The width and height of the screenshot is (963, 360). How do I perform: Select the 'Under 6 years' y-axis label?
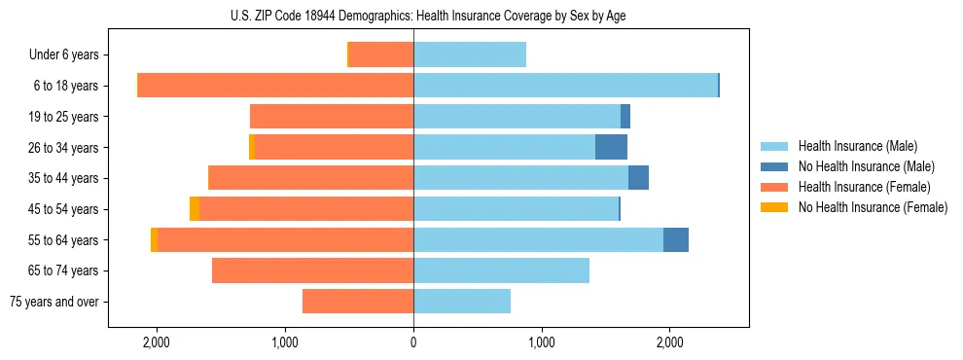point(64,55)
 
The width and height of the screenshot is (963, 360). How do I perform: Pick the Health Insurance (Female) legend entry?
point(864,187)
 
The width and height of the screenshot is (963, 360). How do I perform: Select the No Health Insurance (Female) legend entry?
point(872,207)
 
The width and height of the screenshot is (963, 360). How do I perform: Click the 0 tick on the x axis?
point(413,342)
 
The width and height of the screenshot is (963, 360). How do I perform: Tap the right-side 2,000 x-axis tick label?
point(669,342)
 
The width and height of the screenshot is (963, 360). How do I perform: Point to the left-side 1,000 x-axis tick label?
point(285,342)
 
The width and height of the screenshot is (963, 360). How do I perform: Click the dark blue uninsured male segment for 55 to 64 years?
point(676,240)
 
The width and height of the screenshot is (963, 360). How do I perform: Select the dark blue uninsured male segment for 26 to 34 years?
point(611,148)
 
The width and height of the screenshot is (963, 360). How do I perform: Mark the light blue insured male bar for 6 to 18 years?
point(565,86)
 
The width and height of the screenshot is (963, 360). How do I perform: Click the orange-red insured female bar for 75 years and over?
point(358,302)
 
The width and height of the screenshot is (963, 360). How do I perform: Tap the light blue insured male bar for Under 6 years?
point(470,55)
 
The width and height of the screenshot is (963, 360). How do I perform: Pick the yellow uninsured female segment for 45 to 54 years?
point(195,209)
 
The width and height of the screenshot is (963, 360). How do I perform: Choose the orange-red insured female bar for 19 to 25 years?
point(332,117)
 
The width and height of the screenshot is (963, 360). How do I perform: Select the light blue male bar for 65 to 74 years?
point(501,270)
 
